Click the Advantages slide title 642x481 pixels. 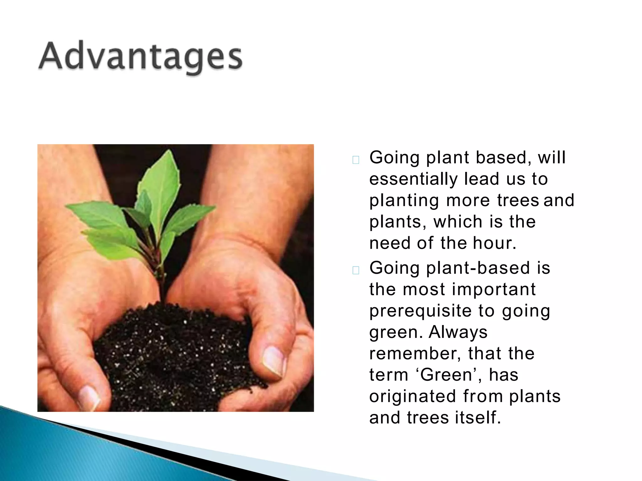tap(140, 56)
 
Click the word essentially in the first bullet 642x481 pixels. tap(413, 179)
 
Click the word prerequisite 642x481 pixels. tap(420, 311)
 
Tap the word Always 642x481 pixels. tap(458, 332)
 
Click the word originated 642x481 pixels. tap(413, 396)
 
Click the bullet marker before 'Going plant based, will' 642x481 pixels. tap(356, 160)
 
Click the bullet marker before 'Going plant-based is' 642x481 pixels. tap(356, 270)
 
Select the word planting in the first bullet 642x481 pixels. tap(404, 201)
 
